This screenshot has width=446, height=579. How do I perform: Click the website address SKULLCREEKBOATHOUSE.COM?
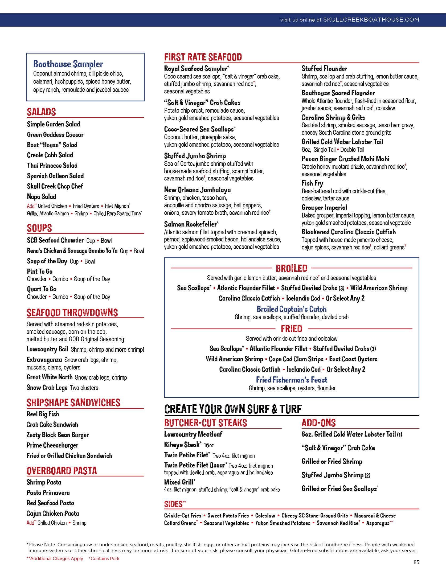tap(371, 20)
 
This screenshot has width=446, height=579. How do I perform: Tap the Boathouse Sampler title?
tap(68, 64)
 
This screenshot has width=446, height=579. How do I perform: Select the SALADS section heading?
tap(41, 112)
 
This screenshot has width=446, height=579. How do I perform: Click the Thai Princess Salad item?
tap(52, 165)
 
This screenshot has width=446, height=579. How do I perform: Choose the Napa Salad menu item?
tap(42, 197)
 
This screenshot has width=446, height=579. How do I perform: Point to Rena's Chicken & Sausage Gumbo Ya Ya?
tap(72, 251)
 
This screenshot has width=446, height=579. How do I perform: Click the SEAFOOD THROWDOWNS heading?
tap(72, 313)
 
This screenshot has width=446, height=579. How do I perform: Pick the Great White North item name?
tap(50, 377)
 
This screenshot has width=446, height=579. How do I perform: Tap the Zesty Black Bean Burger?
tap(58, 435)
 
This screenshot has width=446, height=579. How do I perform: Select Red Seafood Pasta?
tap(50, 503)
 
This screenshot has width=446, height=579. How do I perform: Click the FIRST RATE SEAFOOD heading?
tap(203, 57)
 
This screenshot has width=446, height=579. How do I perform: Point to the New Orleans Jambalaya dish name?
tap(197, 190)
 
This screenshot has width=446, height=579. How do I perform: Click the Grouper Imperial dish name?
tap(324, 207)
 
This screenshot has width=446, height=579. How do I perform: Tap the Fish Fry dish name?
tap(312, 183)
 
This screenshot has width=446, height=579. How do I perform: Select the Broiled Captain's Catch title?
tap(292, 309)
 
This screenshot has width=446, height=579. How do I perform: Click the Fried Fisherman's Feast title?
tap(292, 380)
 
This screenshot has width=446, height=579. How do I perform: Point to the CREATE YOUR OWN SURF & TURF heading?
tap(233, 409)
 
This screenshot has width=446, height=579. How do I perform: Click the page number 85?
tap(416, 562)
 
